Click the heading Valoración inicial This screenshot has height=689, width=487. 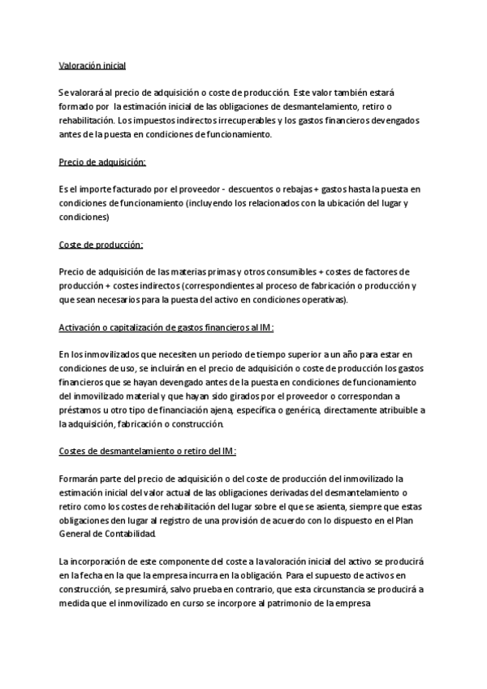pos(92,65)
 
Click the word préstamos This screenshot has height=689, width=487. pos(80,410)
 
